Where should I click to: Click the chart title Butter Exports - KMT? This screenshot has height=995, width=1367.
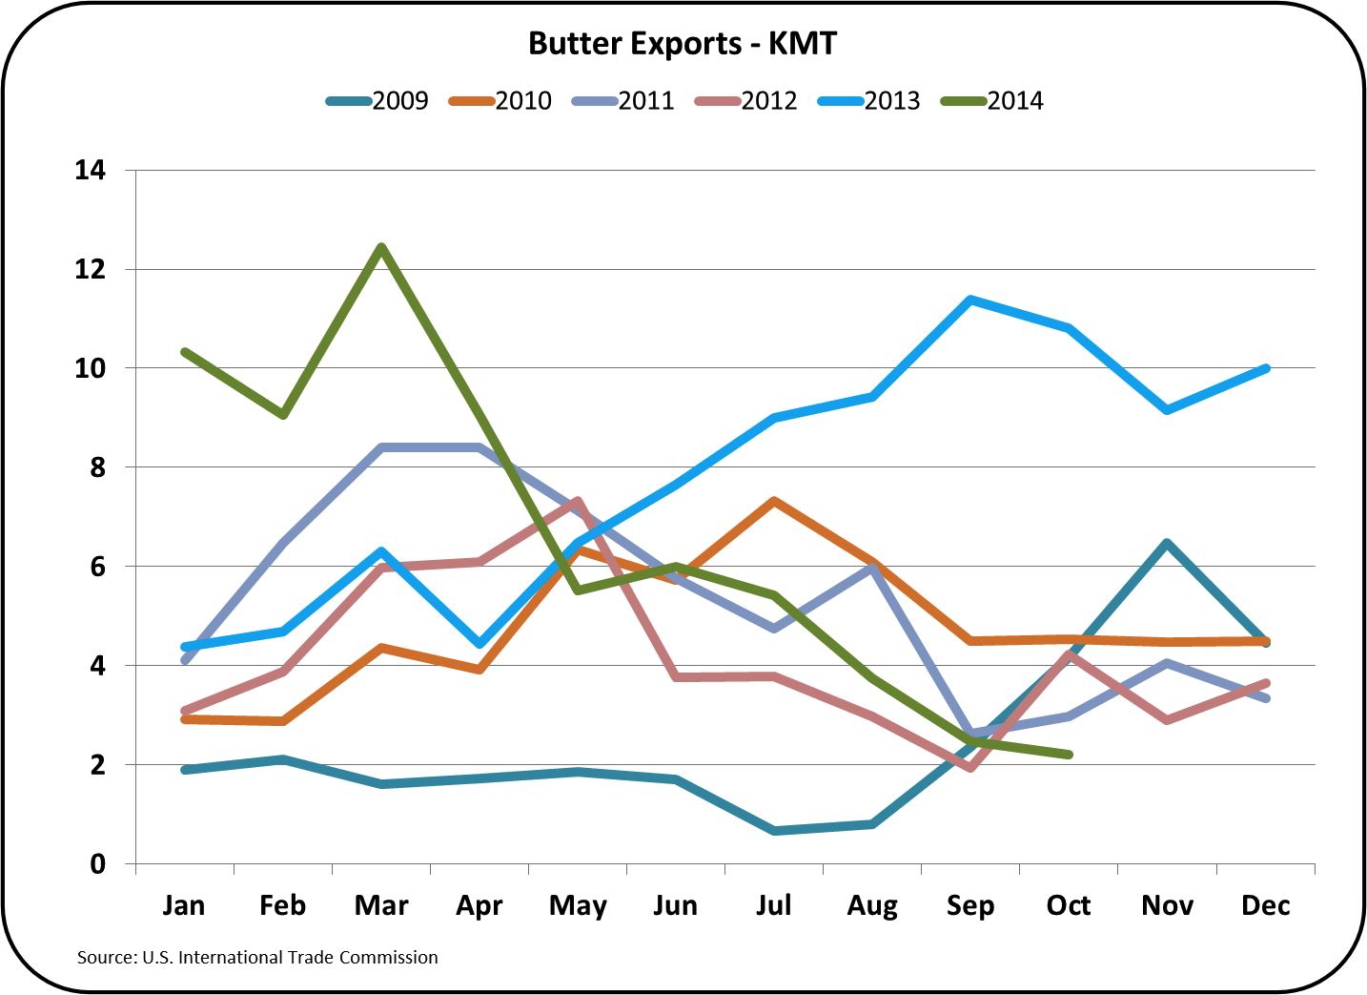click(x=683, y=44)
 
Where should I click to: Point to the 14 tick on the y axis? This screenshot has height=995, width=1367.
click(x=91, y=171)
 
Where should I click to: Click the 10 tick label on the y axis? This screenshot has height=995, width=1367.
click(x=91, y=368)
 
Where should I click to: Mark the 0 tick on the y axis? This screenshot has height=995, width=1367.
click(x=98, y=864)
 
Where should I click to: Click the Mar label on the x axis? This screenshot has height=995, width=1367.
click(x=381, y=905)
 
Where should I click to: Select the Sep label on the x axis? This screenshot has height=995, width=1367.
click(x=970, y=905)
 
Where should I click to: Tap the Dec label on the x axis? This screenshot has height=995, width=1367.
click(x=1265, y=905)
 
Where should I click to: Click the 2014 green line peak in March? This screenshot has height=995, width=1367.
click(x=381, y=248)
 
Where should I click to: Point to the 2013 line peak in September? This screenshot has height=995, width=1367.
click(x=970, y=300)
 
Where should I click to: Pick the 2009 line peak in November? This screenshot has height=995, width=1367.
click(x=1167, y=543)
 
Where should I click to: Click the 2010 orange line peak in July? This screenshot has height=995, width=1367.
click(x=774, y=501)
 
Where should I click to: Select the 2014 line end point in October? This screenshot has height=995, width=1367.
click(x=1069, y=755)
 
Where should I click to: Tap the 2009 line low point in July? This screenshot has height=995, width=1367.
click(x=774, y=831)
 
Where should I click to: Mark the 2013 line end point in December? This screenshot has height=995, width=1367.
click(x=1266, y=368)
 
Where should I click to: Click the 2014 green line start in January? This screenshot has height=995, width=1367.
click(x=185, y=352)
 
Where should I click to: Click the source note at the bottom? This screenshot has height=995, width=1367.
click(x=257, y=957)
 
